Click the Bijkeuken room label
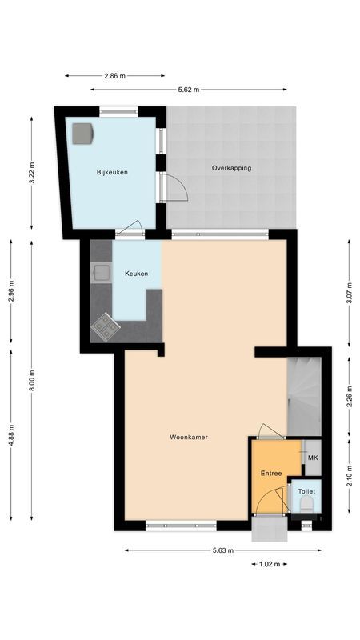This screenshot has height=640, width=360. click(x=112, y=172)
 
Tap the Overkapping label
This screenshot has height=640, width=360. click(x=232, y=168)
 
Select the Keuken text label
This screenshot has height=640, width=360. click(x=136, y=274)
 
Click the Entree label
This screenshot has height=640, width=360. click(x=271, y=474)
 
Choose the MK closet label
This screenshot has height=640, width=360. click(x=312, y=458)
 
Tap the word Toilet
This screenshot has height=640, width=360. click(x=306, y=491)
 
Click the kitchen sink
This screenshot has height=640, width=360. click(x=101, y=274)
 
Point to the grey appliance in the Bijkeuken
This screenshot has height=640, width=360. click(x=83, y=133)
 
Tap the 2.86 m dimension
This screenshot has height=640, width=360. click(x=115, y=76)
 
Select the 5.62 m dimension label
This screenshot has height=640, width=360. click(x=189, y=90)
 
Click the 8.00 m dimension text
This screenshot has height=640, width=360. click(x=31, y=377)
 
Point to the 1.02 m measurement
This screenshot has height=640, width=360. click(x=270, y=564)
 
